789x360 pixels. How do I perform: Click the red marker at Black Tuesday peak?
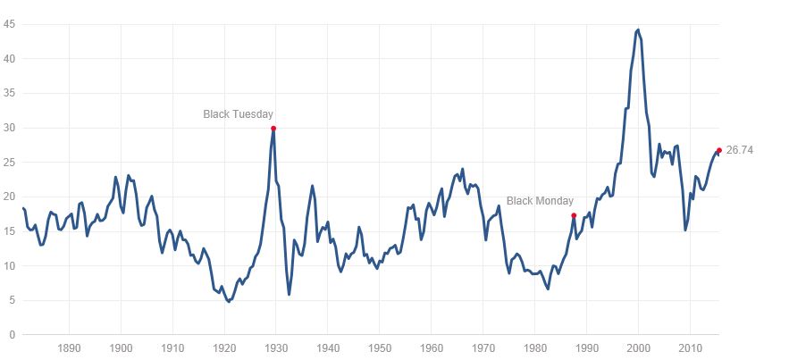pos(273,129)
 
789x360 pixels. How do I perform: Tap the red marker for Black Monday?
pos(574,216)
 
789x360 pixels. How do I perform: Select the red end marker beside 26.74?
pos(718,150)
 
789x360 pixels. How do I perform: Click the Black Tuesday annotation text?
pos(238,114)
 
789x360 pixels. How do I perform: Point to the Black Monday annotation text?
pos(540,201)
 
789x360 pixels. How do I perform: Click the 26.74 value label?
pos(740,150)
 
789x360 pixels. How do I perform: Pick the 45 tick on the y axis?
pos(10,24)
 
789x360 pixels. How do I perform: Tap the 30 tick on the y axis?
pos(10,128)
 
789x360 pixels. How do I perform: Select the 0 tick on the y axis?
pos(13,335)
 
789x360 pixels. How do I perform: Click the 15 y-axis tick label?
pos(10,231)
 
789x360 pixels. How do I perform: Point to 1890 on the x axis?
pos(69,347)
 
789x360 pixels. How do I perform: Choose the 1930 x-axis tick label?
pos(275,347)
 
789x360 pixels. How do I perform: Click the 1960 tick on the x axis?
pos(431,347)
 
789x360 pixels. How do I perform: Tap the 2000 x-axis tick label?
pos(638,347)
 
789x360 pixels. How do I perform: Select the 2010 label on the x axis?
pos(689,347)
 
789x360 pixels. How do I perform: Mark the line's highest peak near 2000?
pos(637,29)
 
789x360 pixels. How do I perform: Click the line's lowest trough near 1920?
pos(229,302)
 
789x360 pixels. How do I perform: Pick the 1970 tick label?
pos(483,347)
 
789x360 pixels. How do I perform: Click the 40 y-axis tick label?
pos(10,59)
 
